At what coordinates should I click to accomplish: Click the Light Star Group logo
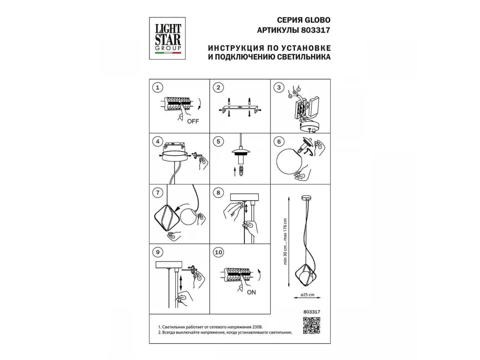(x=167, y=38)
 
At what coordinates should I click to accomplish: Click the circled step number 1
(x=158, y=88)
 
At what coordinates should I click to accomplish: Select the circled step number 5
(x=218, y=142)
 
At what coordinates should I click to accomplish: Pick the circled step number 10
(x=218, y=252)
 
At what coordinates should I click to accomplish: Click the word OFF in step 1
(x=193, y=121)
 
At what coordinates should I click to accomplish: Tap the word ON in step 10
(x=251, y=292)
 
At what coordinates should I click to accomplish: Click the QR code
(x=312, y=326)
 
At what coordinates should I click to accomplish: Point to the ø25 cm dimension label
(x=308, y=295)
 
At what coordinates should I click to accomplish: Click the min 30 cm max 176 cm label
(x=285, y=242)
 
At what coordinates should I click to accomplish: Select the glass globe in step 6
(x=289, y=161)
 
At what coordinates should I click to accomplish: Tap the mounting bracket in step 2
(x=240, y=109)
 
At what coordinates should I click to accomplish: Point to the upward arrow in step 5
(x=235, y=172)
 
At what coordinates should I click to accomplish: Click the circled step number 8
(x=218, y=193)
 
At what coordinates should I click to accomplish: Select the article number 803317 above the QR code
(x=312, y=312)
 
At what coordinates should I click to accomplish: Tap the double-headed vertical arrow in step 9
(x=181, y=283)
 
